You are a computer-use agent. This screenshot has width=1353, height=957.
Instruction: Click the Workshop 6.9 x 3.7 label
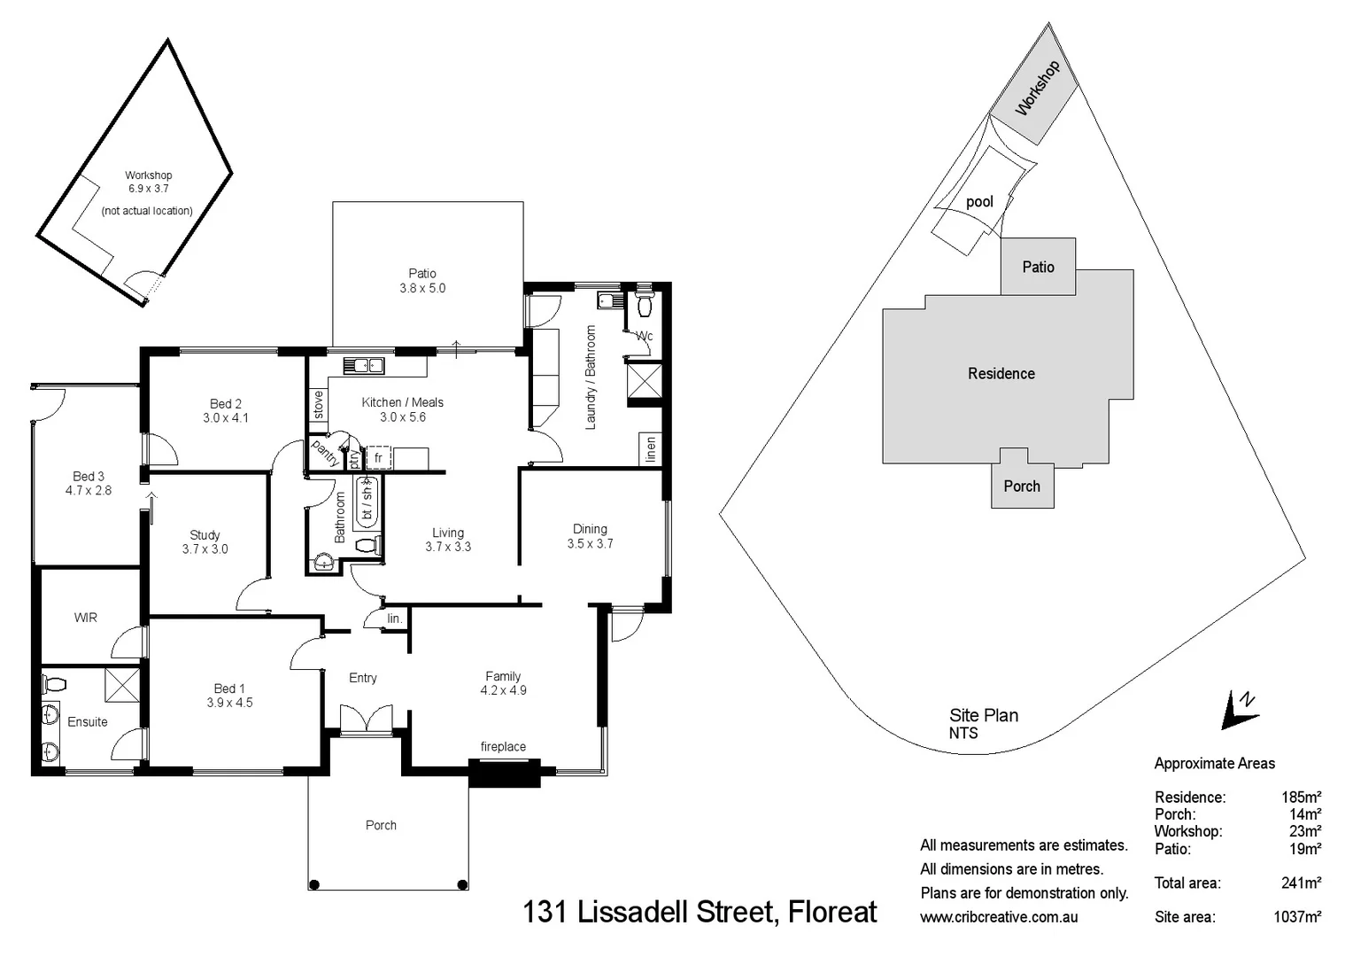point(148,182)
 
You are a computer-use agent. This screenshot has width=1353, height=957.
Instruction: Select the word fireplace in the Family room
point(503,747)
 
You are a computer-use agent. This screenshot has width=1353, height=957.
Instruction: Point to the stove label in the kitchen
point(318,405)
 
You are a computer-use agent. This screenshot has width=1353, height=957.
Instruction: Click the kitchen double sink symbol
point(364,364)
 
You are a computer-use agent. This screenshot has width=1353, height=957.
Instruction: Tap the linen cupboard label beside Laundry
point(651,449)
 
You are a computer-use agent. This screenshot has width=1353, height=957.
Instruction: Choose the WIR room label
point(86,618)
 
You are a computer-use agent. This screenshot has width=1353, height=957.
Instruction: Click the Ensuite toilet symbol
point(55,685)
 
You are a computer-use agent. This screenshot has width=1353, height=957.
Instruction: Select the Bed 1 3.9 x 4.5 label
point(229,696)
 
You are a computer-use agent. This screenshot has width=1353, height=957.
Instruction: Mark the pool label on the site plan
point(979,202)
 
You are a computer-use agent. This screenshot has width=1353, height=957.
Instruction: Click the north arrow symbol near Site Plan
point(1240,710)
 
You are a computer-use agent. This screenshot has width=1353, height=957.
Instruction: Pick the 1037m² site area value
point(1297,917)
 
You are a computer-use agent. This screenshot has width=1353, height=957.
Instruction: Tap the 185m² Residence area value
point(1301,797)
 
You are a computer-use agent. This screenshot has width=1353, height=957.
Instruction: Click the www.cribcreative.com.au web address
point(999,917)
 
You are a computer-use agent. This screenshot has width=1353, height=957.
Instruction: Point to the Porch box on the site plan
point(1022,486)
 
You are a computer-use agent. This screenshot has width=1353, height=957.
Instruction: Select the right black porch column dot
point(462,883)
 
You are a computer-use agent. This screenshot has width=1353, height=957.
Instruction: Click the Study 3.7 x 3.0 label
point(205,542)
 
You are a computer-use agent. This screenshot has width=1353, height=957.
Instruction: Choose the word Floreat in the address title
point(832,912)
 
